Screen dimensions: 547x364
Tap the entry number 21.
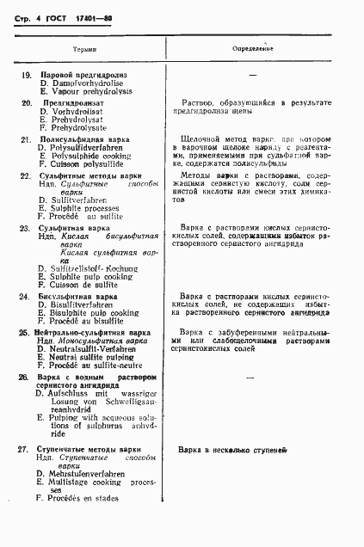[x=26, y=138]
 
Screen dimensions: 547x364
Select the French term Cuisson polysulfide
[x=83, y=164]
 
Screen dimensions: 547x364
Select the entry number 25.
[x=24, y=331]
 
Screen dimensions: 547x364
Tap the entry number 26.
[x=24, y=377]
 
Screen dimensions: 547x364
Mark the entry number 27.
[x=24, y=449]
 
